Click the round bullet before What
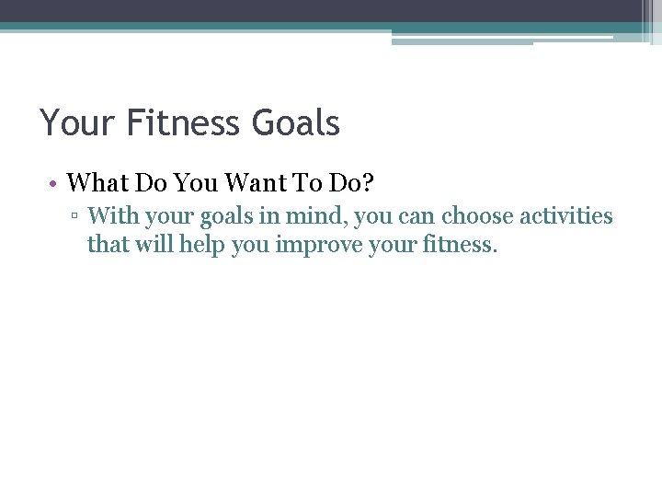[55, 184]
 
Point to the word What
[97, 183]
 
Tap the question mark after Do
[368, 183]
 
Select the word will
[154, 246]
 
